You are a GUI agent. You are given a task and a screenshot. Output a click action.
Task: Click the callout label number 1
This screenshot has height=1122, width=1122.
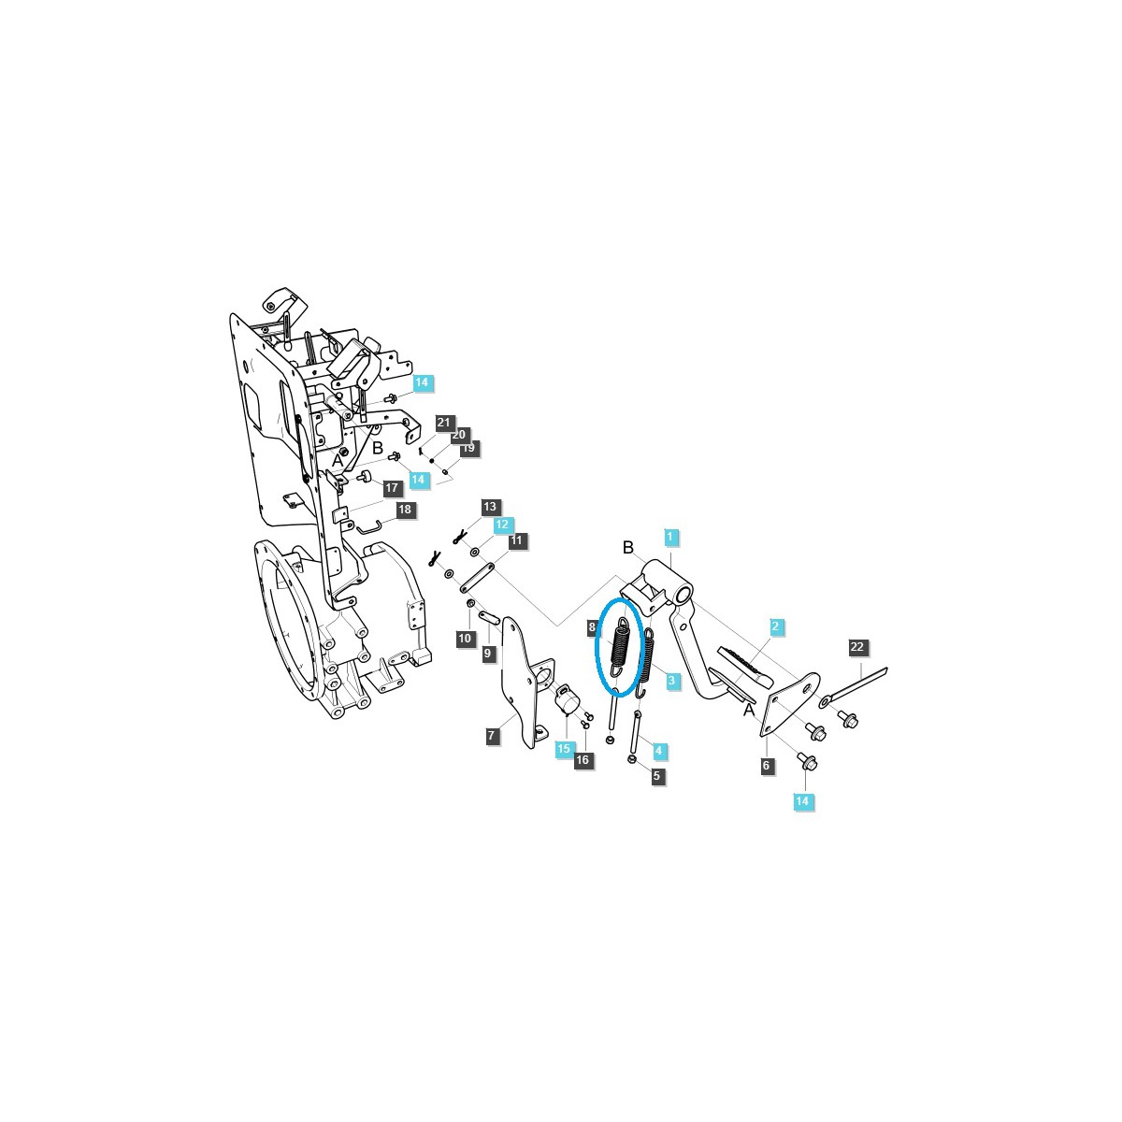pos(669,537)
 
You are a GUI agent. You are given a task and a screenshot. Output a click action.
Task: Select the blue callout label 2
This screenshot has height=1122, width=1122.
pos(775,626)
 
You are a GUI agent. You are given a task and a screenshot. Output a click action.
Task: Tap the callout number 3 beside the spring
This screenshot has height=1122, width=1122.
pos(671,680)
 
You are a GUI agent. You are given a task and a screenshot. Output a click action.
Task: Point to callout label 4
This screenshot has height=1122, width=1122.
pos(658,751)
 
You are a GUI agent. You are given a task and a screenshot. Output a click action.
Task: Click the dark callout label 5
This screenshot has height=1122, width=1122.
pos(656,775)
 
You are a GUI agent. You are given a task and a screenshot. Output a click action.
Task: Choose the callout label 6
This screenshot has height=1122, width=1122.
pos(767,766)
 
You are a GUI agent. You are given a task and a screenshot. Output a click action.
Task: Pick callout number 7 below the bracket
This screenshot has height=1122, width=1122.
pos(492,736)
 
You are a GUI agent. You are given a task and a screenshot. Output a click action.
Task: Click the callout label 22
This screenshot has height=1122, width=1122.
pos(857,647)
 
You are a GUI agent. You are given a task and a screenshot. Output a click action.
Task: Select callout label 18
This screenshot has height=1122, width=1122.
pos(405,510)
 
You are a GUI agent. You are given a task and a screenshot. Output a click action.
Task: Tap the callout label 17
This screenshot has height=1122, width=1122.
pos(392,488)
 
